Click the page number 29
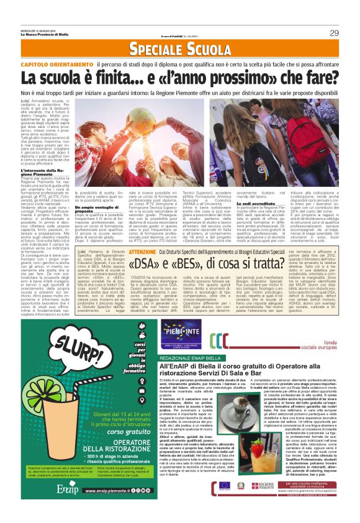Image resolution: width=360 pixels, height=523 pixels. click(x=333, y=32)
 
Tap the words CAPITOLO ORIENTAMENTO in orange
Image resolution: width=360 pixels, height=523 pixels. click(x=57, y=65)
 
